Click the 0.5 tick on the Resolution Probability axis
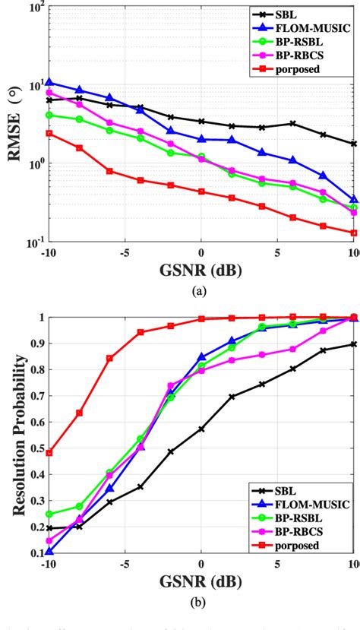tap(36, 447)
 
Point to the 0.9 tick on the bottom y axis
tap(36, 343)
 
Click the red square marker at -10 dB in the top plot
tap(49, 133)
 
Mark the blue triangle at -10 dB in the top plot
tap(49, 82)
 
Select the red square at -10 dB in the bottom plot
tap(49, 453)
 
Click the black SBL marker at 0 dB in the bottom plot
tap(201, 429)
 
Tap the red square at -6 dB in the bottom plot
tap(109, 358)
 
